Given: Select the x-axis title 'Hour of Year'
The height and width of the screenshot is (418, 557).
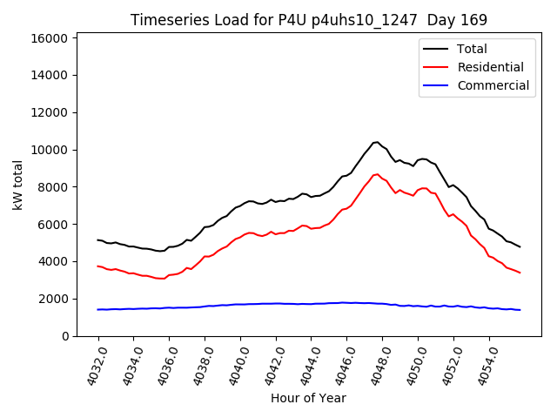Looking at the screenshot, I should click(x=308, y=398).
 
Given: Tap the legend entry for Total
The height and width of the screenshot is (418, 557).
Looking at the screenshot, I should click(x=472, y=49).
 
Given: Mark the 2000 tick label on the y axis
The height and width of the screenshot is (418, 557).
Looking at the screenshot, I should click(x=54, y=299).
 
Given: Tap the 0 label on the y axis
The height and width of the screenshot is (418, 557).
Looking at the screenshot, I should click(x=65, y=336).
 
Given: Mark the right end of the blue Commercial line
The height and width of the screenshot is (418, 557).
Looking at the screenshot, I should click(x=520, y=310).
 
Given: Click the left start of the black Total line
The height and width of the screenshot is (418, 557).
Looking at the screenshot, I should click(x=98, y=240).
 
